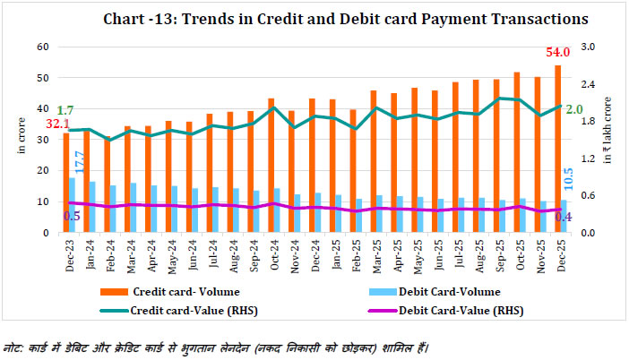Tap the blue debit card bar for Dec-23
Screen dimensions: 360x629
pyautogui.click(x=73, y=205)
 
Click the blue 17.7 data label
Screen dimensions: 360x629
pyautogui.click(x=79, y=161)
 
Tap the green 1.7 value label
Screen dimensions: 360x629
pyautogui.click(x=65, y=110)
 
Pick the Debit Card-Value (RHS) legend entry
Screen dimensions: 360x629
pyautogui.click(x=458, y=312)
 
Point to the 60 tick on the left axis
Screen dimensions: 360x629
pyautogui.click(x=42, y=47)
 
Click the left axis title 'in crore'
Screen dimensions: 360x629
pyautogui.click(x=22, y=139)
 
